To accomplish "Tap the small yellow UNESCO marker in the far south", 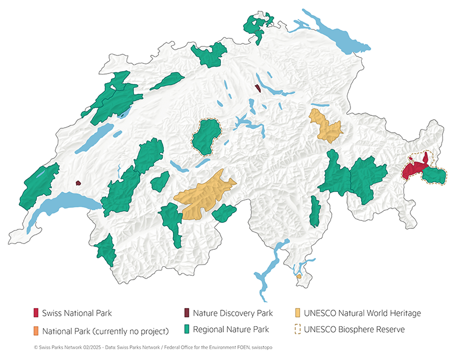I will click(299, 276).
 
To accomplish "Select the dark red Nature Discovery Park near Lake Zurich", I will click(258, 88).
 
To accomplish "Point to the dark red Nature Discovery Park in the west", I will click(78, 183).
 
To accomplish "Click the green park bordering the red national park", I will click(434, 176).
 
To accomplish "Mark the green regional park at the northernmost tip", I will click(257, 25).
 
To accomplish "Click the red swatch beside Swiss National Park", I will click(36, 313).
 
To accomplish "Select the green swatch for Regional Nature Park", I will click(186, 329).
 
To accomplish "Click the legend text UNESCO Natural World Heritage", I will click(362, 313).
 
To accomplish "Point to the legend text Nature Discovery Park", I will click(232, 313).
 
